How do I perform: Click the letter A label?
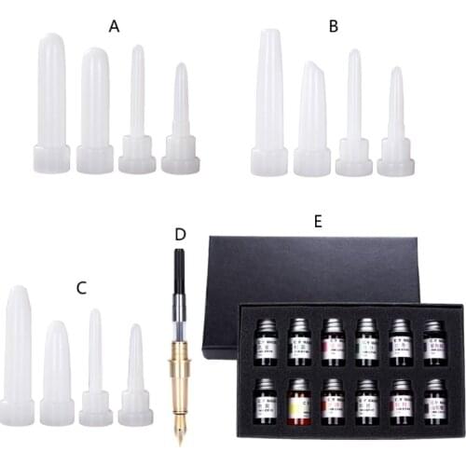click(115, 26)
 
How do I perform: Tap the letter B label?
click(333, 26)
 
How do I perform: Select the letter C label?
click(81, 287)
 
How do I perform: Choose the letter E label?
click(318, 220)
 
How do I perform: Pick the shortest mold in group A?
click(180, 126)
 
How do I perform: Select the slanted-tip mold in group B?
click(312, 116)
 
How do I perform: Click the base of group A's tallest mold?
click(52, 158)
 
